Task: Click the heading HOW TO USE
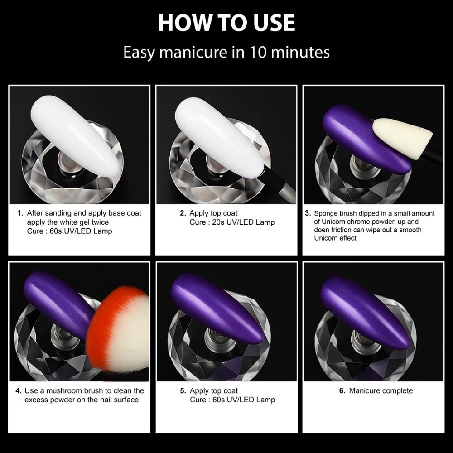[226, 23]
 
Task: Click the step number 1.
[20, 213]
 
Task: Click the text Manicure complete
[381, 391]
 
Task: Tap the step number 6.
[342, 391]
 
